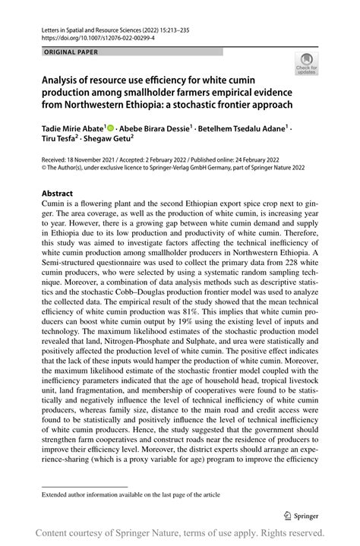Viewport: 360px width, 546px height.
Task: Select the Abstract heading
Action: pos(58,194)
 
